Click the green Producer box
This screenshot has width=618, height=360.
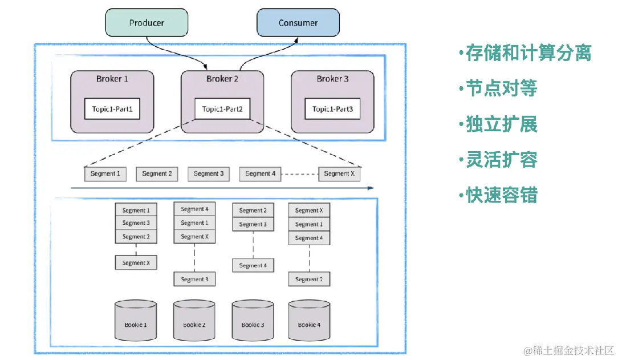pyautogui.click(x=147, y=23)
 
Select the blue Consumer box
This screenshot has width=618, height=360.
pyautogui.click(x=298, y=23)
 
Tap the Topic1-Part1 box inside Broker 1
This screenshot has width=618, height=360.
pyautogui.click(x=112, y=108)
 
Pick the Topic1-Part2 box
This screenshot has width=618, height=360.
pyautogui.click(x=222, y=108)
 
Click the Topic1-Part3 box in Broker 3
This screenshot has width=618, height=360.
pyautogui.click(x=332, y=108)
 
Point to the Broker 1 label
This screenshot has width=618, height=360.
pyautogui.click(x=112, y=79)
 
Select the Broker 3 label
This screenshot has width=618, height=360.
pyautogui.click(x=332, y=79)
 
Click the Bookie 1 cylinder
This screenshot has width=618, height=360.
pyautogui.click(x=136, y=323)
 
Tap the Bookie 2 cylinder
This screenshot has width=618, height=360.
pyautogui.click(x=194, y=323)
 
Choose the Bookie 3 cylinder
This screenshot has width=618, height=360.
pyautogui.click(x=253, y=323)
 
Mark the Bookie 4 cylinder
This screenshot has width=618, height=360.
pyautogui.click(x=309, y=323)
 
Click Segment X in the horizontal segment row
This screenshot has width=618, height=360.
pyautogui.click(x=340, y=173)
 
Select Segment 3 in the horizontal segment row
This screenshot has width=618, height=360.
pyautogui.click(x=209, y=173)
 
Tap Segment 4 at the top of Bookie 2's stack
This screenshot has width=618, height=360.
pyautogui.click(x=194, y=209)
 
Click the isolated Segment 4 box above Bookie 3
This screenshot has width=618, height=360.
pyautogui.click(x=253, y=265)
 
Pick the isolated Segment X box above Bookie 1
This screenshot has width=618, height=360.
pyautogui.click(x=136, y=262)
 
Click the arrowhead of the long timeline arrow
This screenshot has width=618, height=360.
pyautogui.click(x=371, y=187)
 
